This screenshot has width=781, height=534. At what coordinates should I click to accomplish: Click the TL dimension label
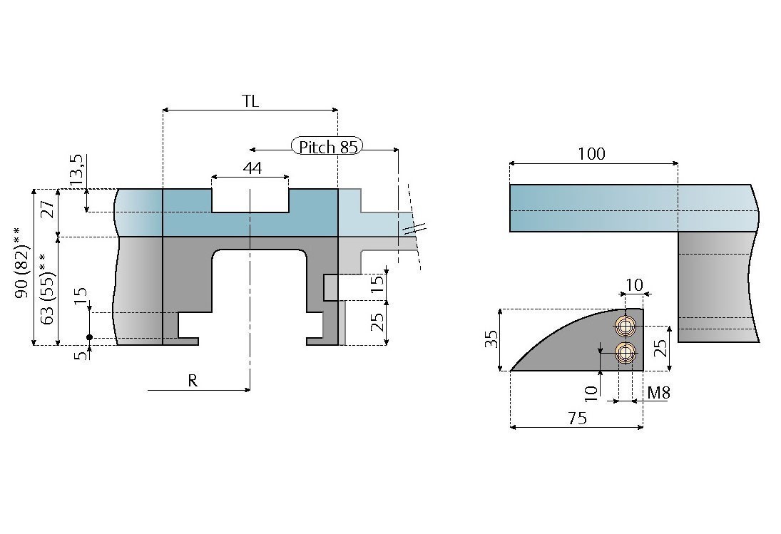pyautogui.click(x=250, y=101)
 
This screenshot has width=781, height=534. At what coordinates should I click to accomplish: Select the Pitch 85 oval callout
pyautogui.click(x=327, y=147)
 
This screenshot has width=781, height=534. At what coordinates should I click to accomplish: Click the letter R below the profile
pyautogui.click(x=193, y=381)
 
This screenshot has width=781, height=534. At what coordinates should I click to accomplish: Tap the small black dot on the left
pyautogui.click(x=89, y=337)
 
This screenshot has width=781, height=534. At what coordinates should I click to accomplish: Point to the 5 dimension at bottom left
pyautogui.click(x=81, y=353)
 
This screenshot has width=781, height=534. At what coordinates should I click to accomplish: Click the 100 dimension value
pyautogui.click(x=591, y=154)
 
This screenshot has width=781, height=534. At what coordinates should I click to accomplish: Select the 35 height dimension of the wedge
pyautogui.click(x=491, y=339)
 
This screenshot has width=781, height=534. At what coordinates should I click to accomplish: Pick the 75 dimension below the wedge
pyautogui.click(x=577, y=419)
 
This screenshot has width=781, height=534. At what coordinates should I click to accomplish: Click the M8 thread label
pyautogui.click(x=658, y=393)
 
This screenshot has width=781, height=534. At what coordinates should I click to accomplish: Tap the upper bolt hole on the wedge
pyautogui.click(x=626, y=327)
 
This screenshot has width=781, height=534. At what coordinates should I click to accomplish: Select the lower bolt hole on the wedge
pyautogui.click(x=626, y=352)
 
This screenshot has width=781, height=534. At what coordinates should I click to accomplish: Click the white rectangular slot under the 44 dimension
pyautogui.click(x=250, y=200)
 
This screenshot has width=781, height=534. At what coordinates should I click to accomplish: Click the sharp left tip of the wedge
pyautogui.click(x=511, y=371)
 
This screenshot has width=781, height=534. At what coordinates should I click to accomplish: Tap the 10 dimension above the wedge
pyautogui.click(x=633, y=285)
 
